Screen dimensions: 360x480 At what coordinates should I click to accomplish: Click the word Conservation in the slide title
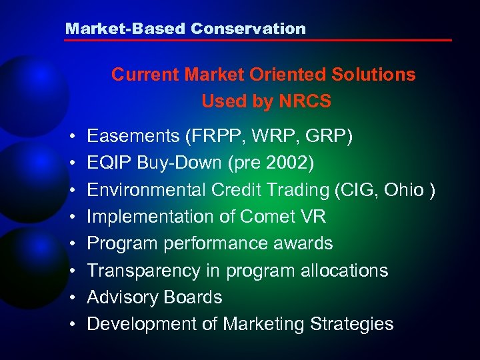248,29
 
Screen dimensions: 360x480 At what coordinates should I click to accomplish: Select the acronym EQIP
107,163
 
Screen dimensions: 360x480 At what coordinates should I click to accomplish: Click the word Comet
270,217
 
